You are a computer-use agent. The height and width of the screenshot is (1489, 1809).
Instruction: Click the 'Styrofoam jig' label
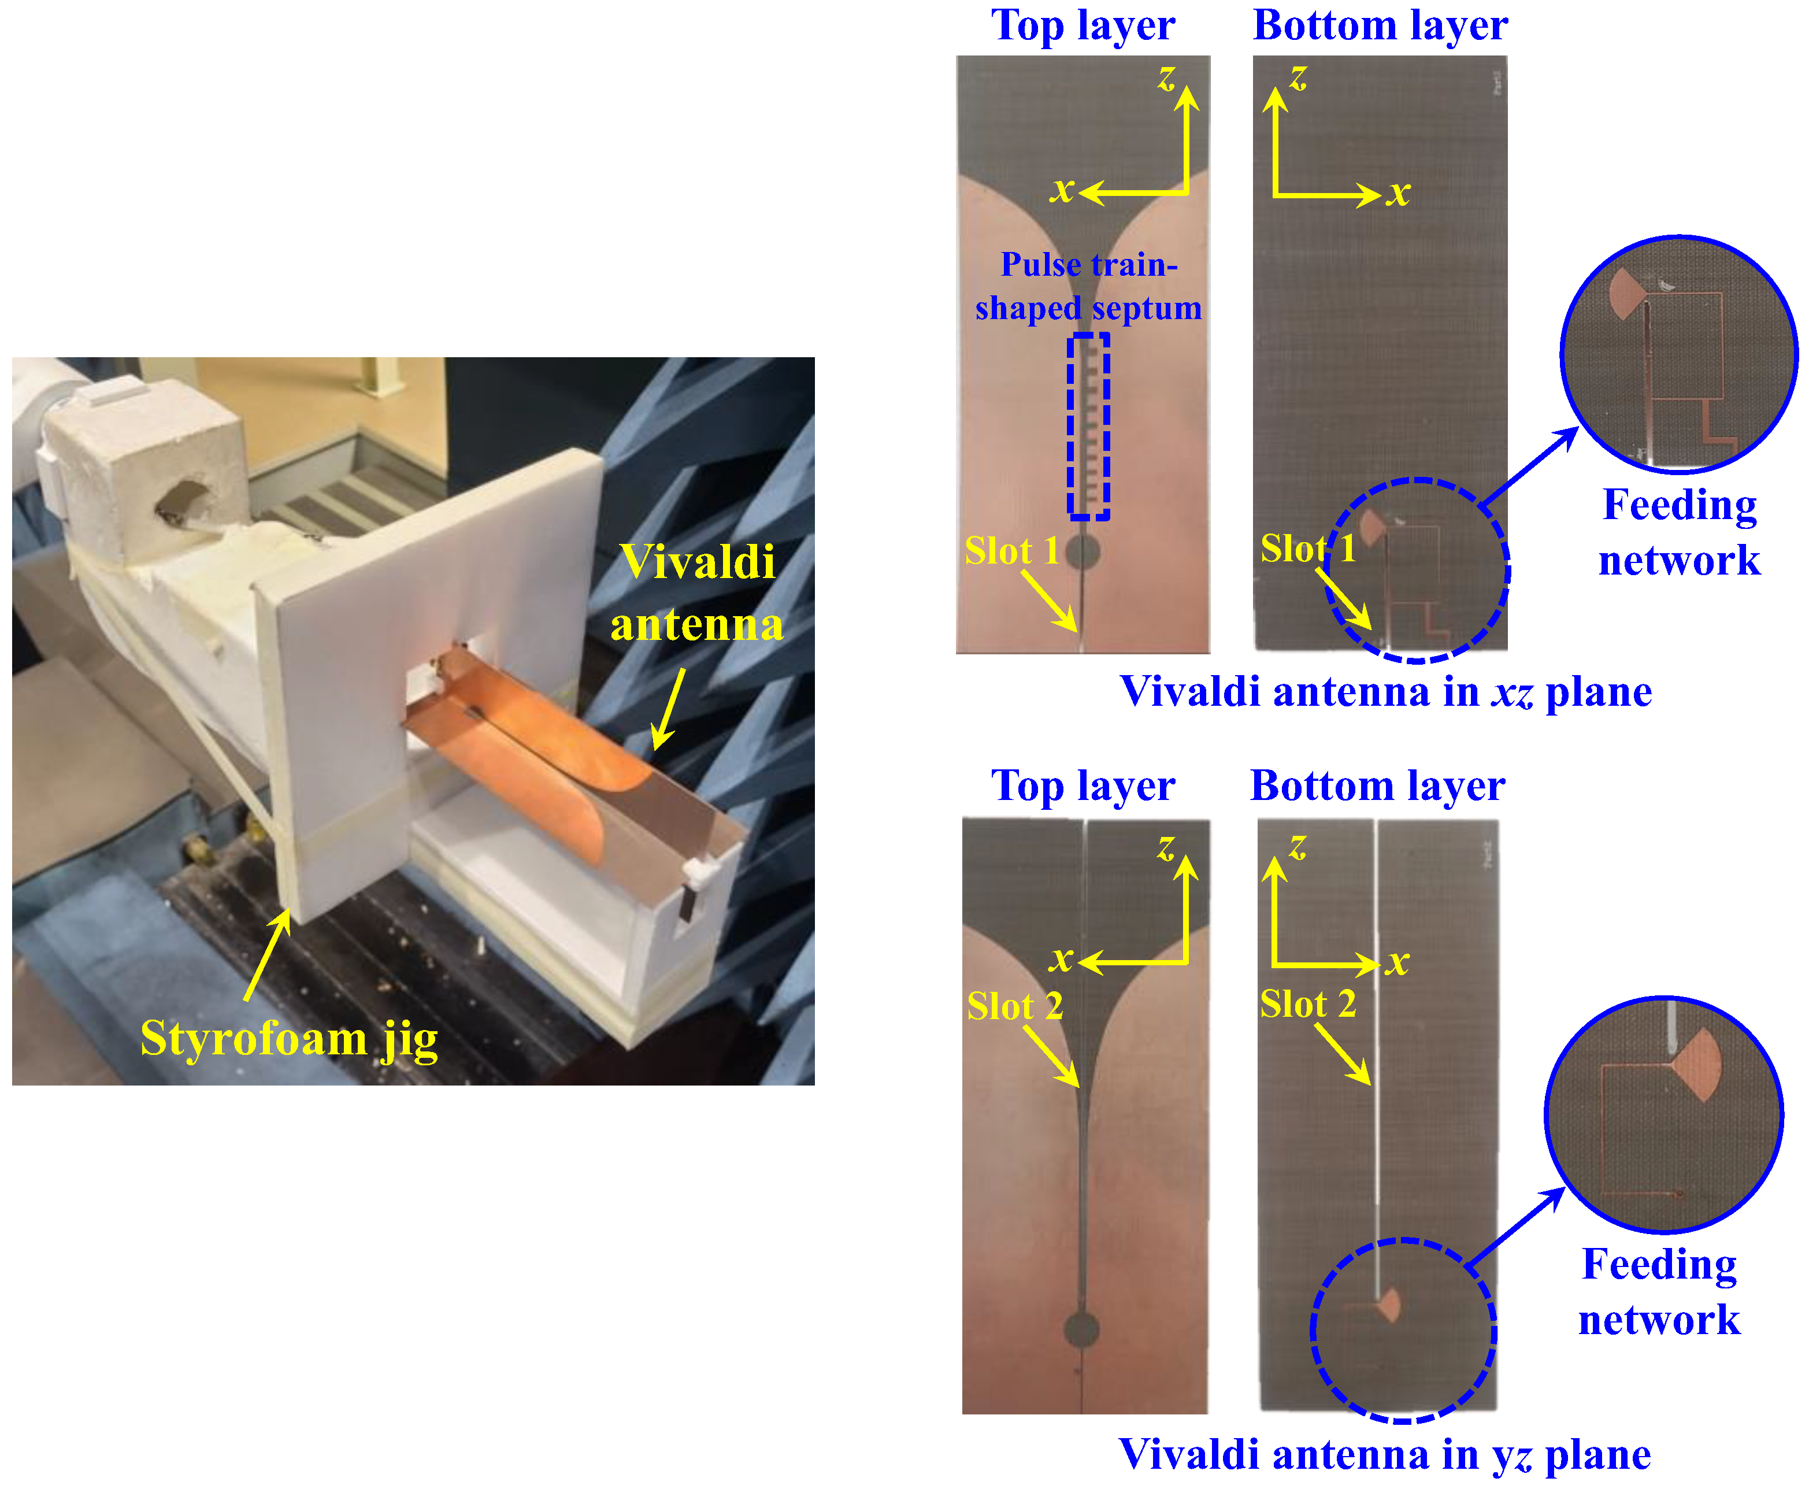289,1039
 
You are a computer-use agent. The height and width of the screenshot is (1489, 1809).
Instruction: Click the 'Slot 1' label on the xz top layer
1011,551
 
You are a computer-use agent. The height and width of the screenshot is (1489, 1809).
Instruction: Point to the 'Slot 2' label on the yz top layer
1015,1005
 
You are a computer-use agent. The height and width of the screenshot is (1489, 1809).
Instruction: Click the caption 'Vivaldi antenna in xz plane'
1385,692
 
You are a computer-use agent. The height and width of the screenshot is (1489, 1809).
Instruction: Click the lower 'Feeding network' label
1659,1292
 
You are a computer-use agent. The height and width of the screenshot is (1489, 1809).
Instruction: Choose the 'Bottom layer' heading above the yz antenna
1377,786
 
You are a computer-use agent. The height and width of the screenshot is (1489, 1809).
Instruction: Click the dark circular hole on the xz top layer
1083,551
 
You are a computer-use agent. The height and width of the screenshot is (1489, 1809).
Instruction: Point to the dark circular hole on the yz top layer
1081,1329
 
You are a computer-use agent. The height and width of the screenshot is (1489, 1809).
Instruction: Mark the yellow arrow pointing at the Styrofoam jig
268,954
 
